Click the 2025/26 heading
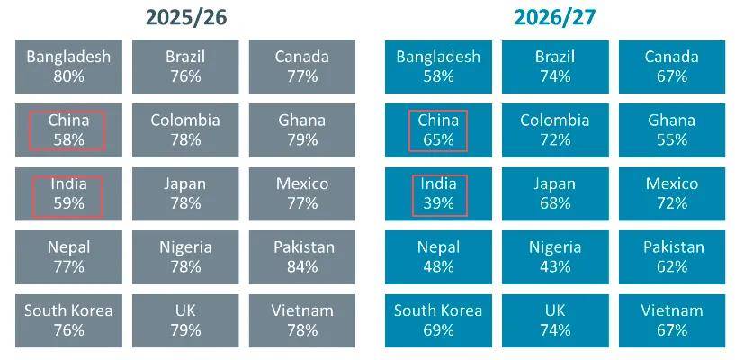(x=186, y=18)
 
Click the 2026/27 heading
(x=555, y=18)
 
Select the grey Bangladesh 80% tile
(x=68, y=67)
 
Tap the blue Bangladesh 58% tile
(x=438, y=67)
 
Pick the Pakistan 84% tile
(x=302, y=256)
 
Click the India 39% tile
(x=438, y=193)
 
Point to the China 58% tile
(x=68, y=130)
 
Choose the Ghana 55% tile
(x=672, y=130)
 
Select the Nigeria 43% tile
(x=555, y=256)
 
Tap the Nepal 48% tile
(x=438, y=256)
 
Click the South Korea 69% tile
(x=438, y=320)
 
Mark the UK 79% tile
(x=185, y=320)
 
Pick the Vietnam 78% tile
(x=302, y=320)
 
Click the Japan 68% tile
(x=555, y=193)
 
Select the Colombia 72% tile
(x=555, y=130)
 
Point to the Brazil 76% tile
(x=185, y=67)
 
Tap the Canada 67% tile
(x=672, y=67)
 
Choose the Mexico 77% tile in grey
(x=302, y=193)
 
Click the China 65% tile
(x=438, y=130)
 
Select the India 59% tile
(x=68, y=193)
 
